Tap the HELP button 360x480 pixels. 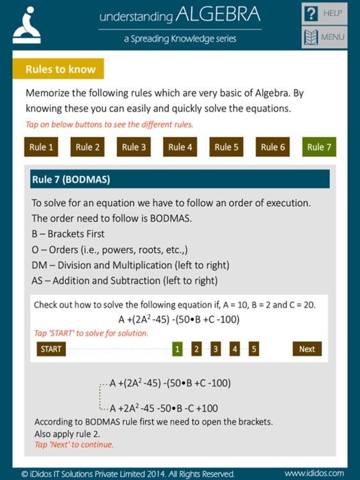tap(324, 13)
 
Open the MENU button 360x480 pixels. tap(324, 37)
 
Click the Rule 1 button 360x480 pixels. tap(41, 147)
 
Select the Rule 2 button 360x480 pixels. tap(88, 147)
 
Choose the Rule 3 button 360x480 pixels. tap(134, 147)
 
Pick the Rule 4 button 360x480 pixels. tap(180, 147)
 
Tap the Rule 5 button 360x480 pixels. tap(226, 147)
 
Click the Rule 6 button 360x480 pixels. tap(273, 147)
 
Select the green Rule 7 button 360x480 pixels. tap(319, 147)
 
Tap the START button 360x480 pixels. tap(51, 349)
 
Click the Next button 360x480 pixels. tap(307, 349)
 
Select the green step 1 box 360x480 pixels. tap(178, 349)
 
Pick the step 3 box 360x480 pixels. tap(216, 349)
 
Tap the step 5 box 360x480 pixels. tap(254, 349)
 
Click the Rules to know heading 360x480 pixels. tap(60, 69)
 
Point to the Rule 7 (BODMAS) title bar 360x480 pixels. tap(180, 179)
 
